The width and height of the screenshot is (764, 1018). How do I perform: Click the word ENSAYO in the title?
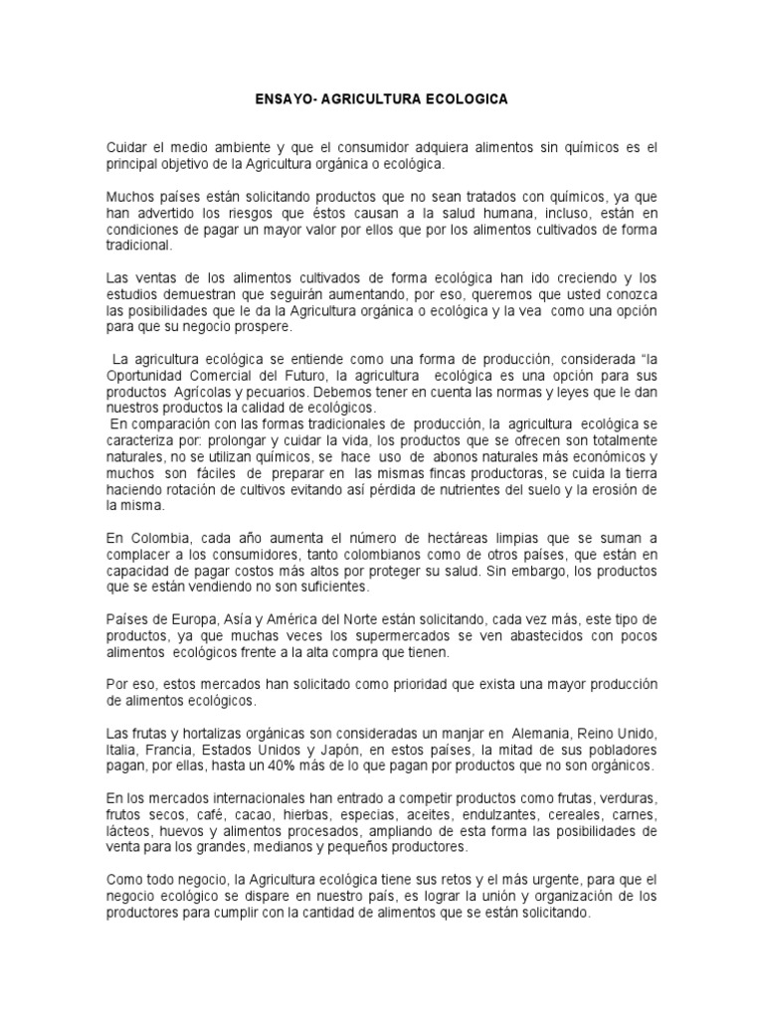pos(283,100)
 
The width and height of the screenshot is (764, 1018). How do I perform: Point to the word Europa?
pos(188,619)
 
